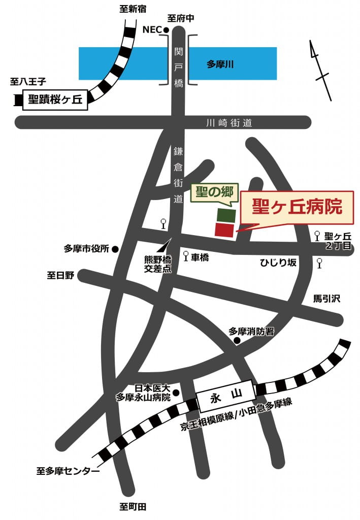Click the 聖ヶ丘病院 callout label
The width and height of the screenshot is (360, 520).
point(297,207)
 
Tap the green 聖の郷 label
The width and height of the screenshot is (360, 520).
point(214,192)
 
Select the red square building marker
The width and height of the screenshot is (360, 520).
point(225,230)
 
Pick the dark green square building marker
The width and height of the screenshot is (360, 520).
point(225,215)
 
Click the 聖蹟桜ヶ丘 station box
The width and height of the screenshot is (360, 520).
point(55,100)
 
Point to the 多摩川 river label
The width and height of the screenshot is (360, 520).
point(220,64)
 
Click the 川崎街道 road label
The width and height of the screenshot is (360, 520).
point(229,123)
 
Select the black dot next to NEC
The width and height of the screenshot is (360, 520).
point(166,30)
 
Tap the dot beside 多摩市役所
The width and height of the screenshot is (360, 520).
point(115,249)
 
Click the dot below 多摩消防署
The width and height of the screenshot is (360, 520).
point(237,341)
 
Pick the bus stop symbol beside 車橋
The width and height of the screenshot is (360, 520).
point(186,256)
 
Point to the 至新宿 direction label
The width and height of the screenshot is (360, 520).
point(133,8)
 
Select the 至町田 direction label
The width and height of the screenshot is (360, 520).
point(133,507)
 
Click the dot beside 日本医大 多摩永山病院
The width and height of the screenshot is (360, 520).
point(176,392)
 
